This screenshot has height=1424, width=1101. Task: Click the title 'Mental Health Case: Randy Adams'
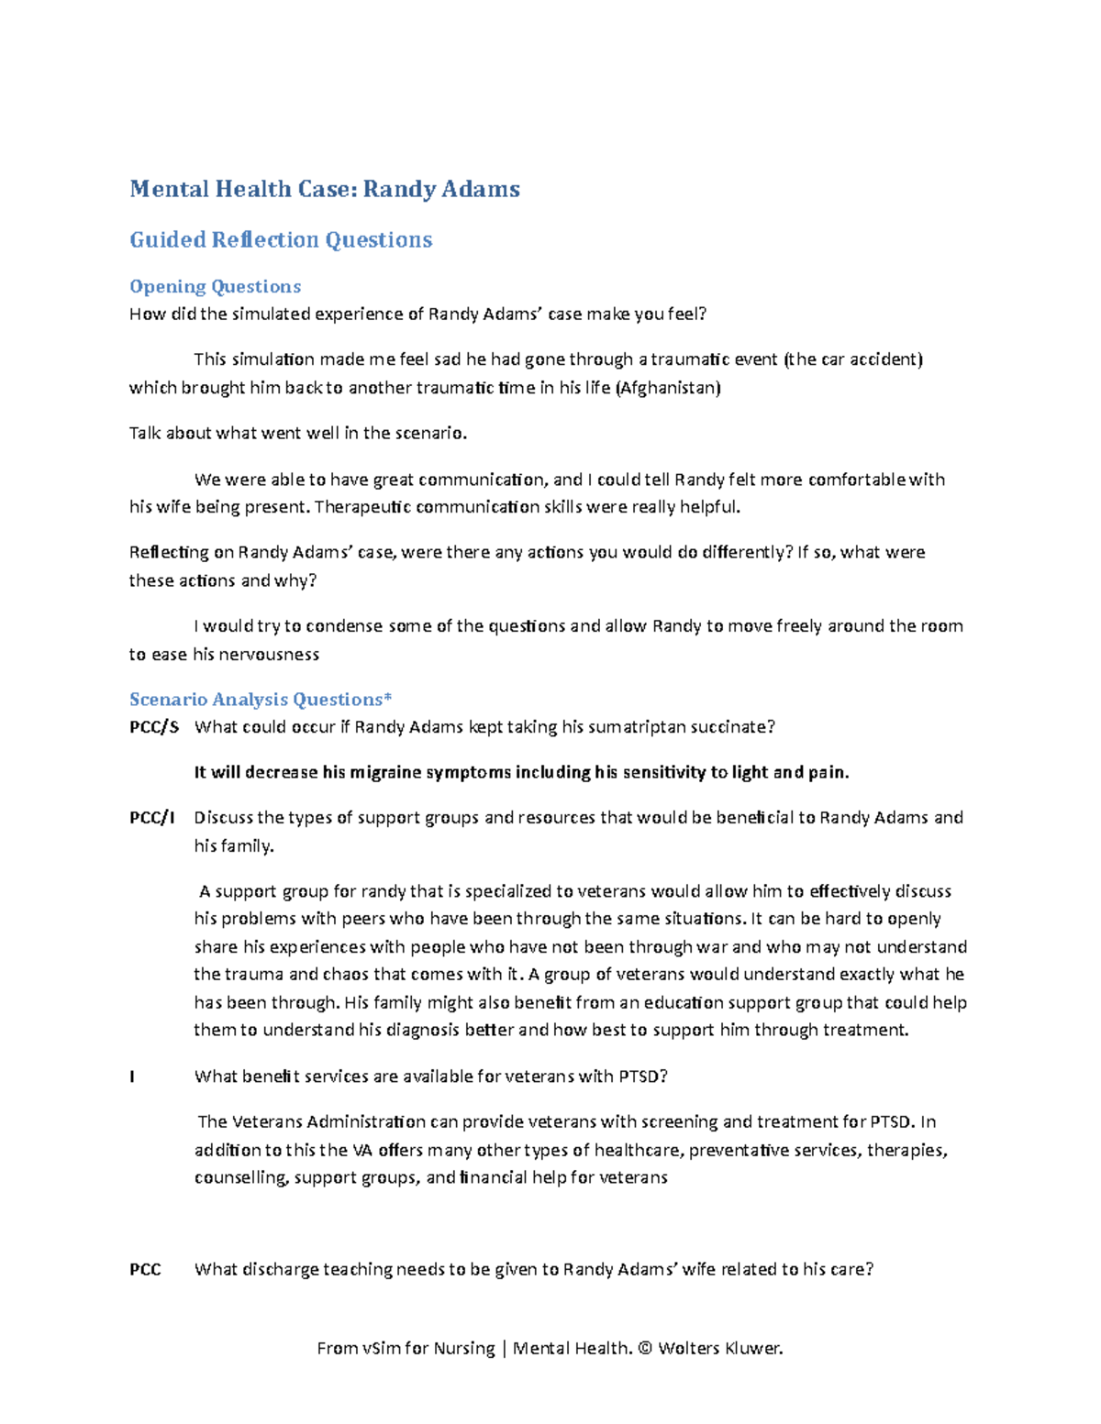click(x=325, y=189)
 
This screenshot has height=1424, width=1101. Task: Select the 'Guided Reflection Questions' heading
click(x=281, y=239)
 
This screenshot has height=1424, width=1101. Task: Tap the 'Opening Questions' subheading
click(x=215, y=287)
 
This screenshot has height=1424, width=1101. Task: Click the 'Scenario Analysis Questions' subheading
click(x=256, y=700)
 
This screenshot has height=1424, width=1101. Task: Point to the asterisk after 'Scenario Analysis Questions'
click(x=388, y=698)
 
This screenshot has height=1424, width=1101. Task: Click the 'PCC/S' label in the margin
click(x=154, y=727)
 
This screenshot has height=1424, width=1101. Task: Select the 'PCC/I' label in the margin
click(x=152, y=818)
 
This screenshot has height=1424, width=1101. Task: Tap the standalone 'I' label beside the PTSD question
click(x=132, y=1076)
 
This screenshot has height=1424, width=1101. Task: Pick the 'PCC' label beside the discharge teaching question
click(x=145, y=1270)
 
